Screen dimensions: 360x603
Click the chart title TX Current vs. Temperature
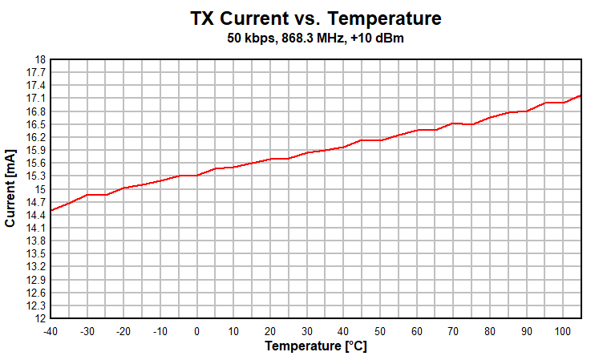[x=316, y=18]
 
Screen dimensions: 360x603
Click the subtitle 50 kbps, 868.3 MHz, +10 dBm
[x=316, y=38]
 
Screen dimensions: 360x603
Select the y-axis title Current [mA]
[x=10, y=189]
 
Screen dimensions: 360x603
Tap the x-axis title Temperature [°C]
[x=315, y=346]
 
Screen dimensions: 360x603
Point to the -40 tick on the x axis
[x=51, y=330]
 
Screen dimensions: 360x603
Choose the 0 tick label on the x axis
[x=197, y=330]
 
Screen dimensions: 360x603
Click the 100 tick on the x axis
[x=562, y=330]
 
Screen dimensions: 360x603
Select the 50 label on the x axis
[x=380, y=330]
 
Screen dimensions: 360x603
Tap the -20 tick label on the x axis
[x=123, y=330]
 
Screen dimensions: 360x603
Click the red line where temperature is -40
[x=51, y=210]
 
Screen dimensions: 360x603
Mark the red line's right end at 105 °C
[x=580, y=95]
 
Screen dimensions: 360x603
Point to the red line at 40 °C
[x=343, y=147]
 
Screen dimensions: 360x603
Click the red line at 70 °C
[x=453, y=123]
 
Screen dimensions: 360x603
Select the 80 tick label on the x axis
[x=489, y=330]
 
